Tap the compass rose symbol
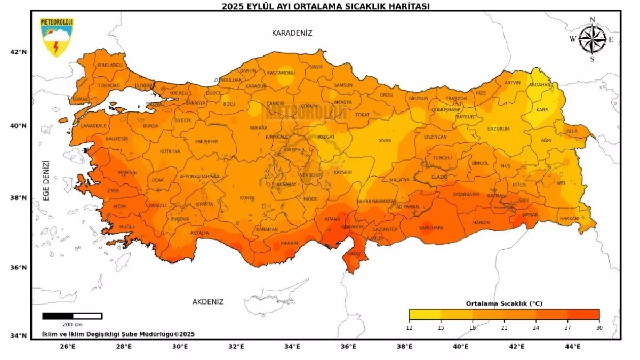click(592, 39)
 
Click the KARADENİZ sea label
click(292, 33)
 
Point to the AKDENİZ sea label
click(208, 302)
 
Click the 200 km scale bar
click(72, 316)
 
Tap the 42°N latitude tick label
click(19, 52)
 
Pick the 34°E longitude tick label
click(292, 347)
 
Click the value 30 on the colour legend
click(599, 327)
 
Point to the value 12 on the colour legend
click(409, 327)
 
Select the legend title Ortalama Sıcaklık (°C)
click(503, 303)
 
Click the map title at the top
click(326, 6)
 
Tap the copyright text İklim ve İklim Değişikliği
click(118, 334)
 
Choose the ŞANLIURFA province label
click(431, 228)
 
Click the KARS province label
click(542, 110)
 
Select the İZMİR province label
click(113, 190)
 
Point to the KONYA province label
click(247, 198)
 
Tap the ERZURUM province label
click(499, 129)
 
